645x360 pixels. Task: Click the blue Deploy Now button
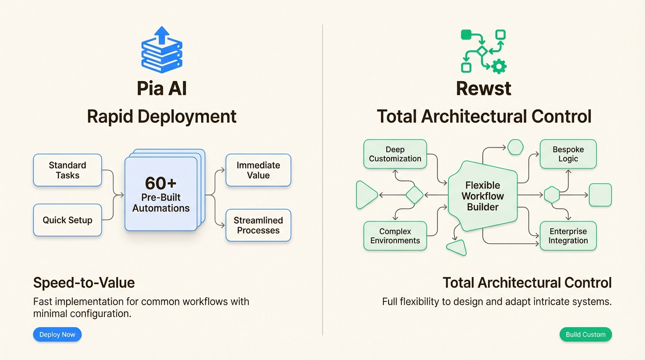click(57, 334)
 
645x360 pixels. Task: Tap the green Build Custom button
click(585, 334)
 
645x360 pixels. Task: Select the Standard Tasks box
click(67, 170)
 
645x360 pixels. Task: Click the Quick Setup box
click(67, 220)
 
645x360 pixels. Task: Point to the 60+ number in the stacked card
click(161, 183)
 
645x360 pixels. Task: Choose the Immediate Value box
click(258, 170)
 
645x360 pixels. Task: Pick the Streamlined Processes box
click(258, 225)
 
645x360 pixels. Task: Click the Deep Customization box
click(395, 154)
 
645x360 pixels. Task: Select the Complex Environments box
click(395, 236)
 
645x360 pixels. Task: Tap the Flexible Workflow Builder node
click(483, 196)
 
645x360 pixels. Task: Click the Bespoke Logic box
click(568, 154)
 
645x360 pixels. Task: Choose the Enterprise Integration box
click(568, 236)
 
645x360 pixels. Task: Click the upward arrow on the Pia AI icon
click(162, 35)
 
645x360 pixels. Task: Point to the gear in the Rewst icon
click(499, 66)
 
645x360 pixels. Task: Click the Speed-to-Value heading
click(84, 283)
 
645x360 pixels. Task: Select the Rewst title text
click(483, 89)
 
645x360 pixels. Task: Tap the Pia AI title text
click(162, 89)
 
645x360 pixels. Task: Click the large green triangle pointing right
click(366, 195)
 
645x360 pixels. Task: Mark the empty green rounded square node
click(600, 195)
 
